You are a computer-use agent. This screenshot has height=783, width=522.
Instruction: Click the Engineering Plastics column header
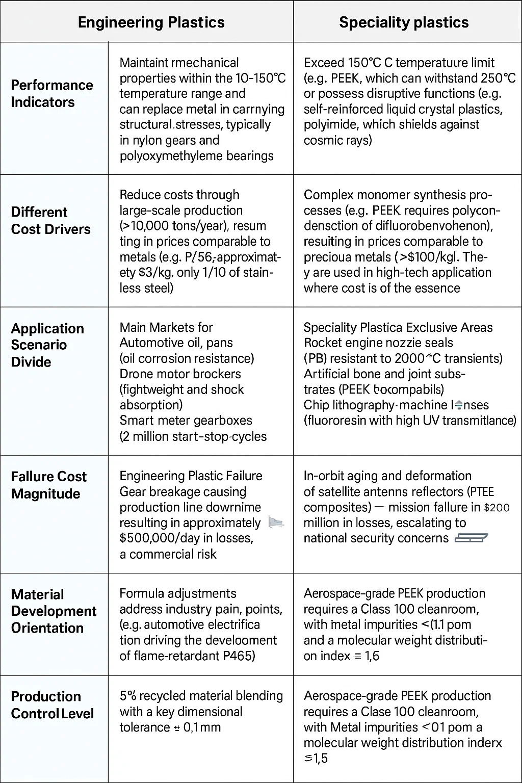point(151,22)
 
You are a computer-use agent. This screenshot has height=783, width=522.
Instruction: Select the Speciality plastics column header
point(404,22)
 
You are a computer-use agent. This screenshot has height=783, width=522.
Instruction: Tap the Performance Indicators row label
point(52,93)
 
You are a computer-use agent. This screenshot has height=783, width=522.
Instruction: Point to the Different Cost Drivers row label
point(51,220)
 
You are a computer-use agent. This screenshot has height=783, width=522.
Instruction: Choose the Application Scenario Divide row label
point(47,345)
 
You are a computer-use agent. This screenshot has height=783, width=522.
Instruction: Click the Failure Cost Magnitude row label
point(49,485)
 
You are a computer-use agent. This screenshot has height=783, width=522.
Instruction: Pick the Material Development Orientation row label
point(54,611)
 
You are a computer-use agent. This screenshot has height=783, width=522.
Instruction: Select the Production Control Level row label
point(53,704)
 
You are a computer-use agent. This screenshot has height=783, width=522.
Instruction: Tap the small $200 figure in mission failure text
point(497,508)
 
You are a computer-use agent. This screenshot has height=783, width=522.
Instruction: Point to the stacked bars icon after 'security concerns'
point(471,538)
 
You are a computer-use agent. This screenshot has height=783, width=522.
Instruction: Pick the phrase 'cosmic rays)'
point(338,140)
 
